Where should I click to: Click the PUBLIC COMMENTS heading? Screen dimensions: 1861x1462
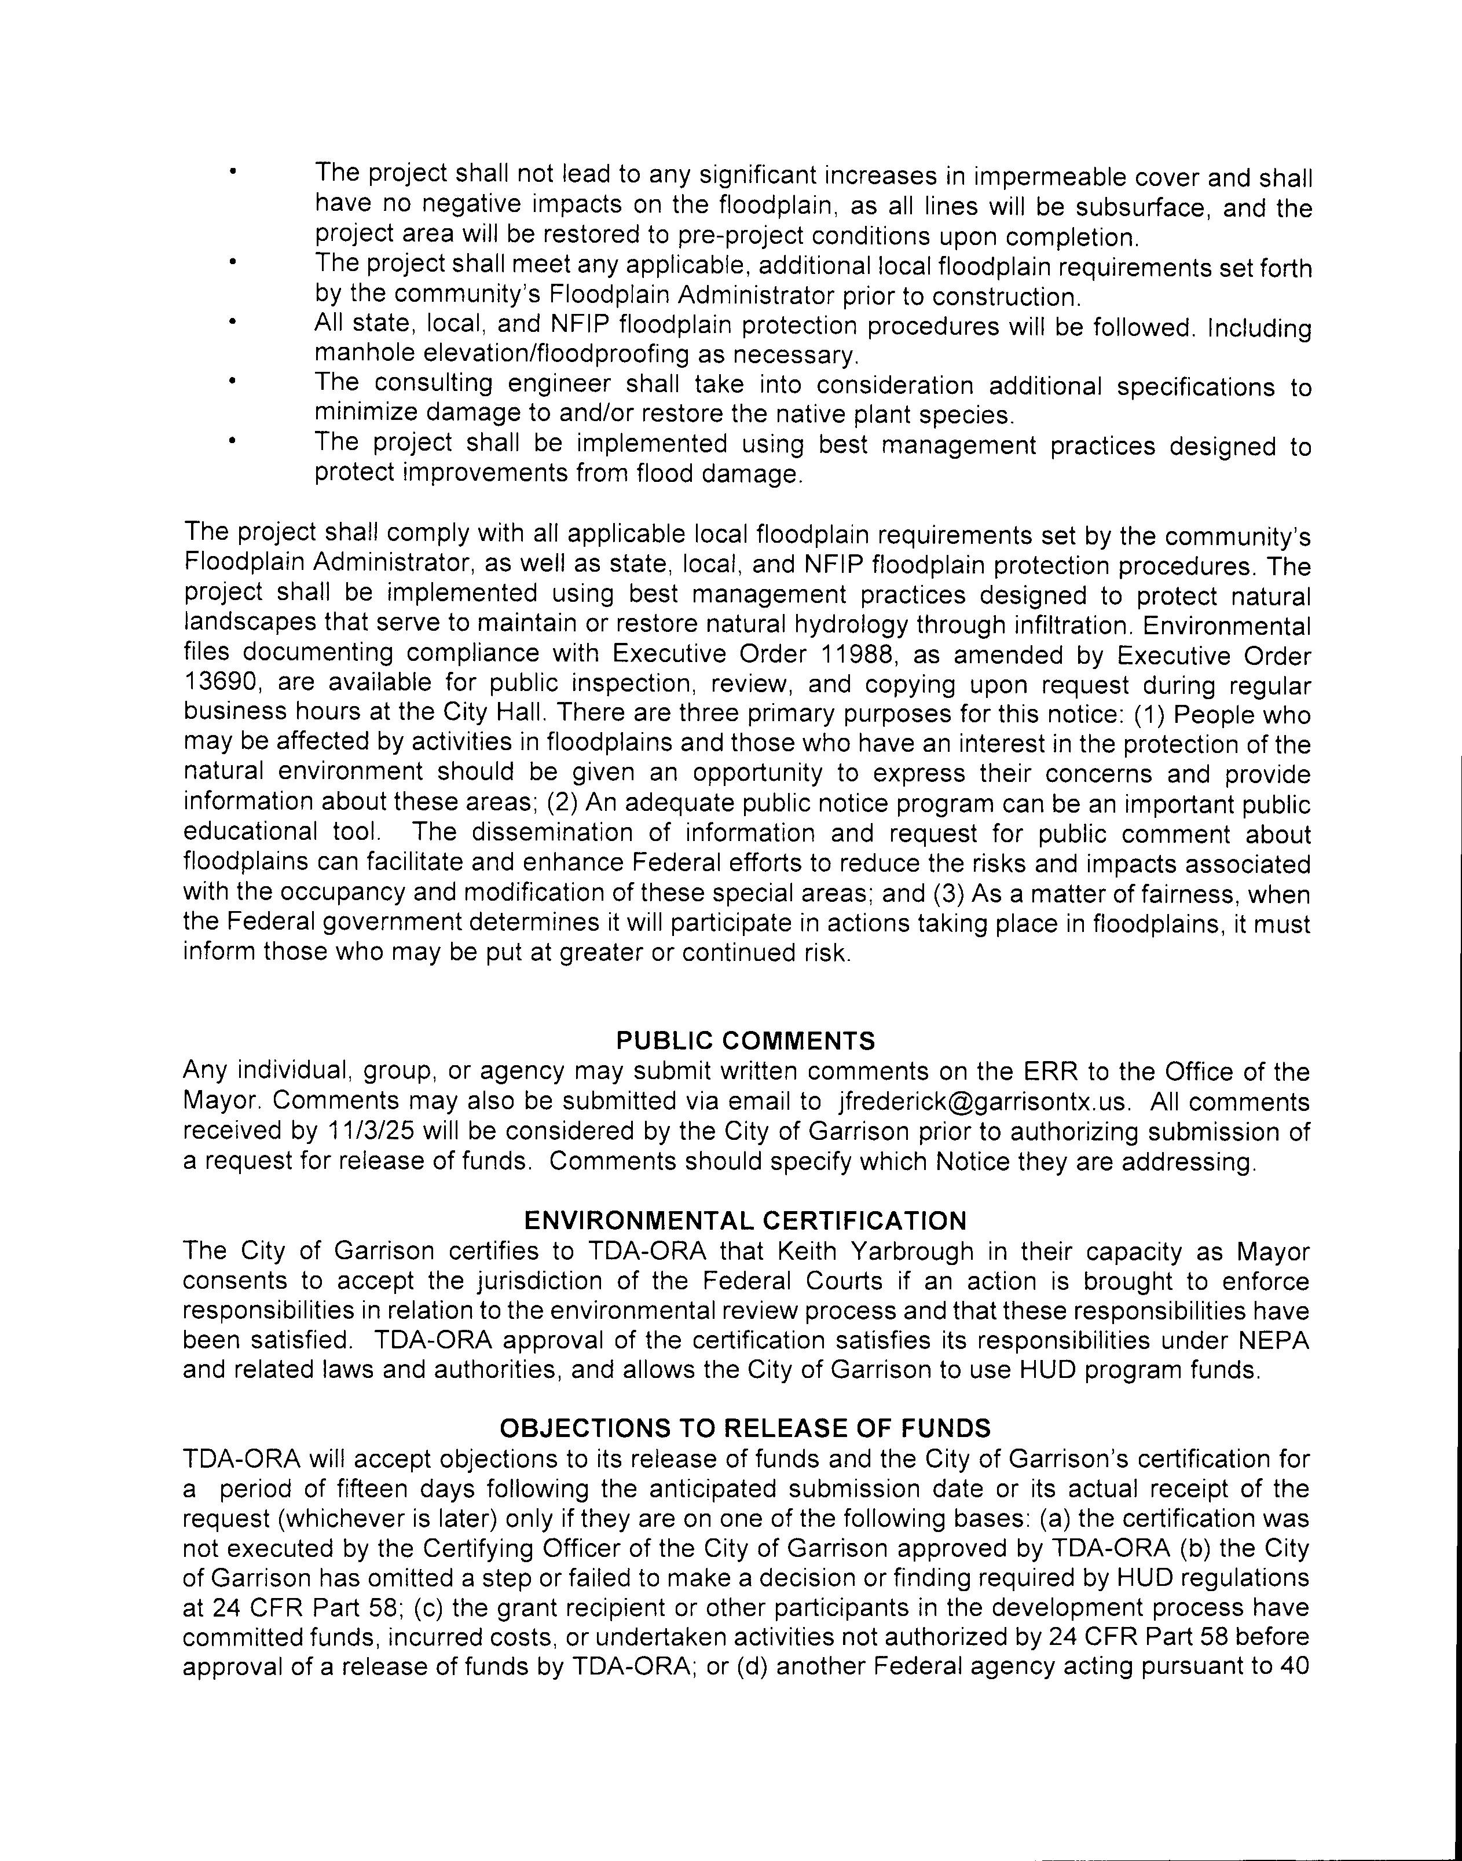point(746,1041)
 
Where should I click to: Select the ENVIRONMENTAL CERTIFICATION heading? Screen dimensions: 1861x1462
point(746,1220)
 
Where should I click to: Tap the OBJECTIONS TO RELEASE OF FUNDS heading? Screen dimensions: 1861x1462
point(746,1428)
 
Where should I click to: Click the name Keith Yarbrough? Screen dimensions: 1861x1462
point(875,1252)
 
